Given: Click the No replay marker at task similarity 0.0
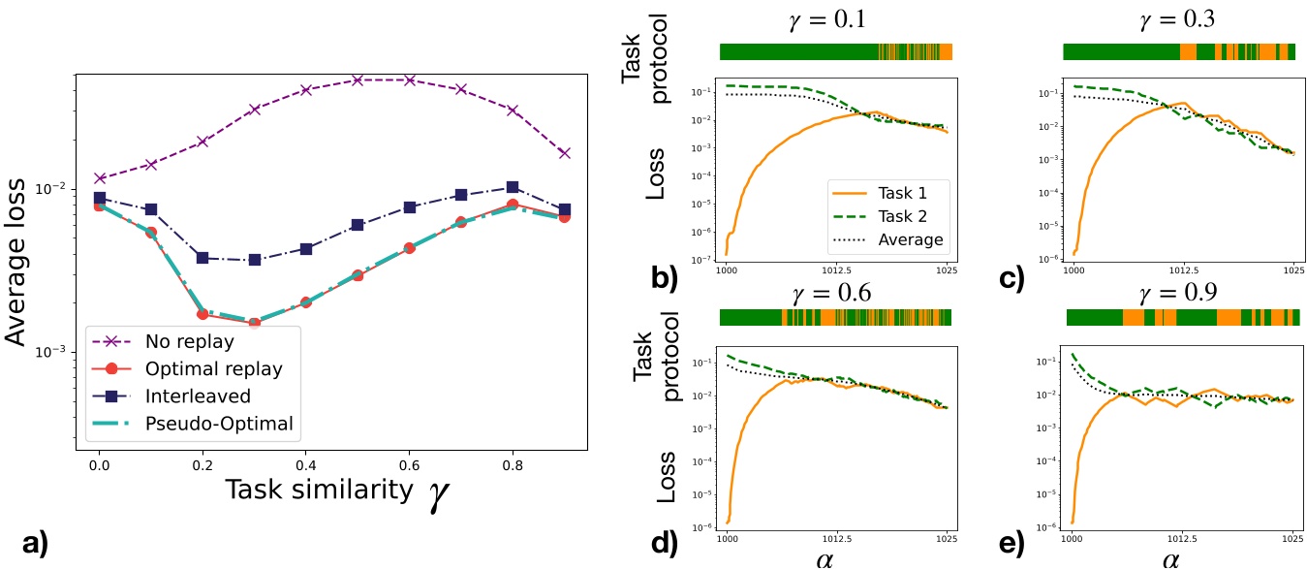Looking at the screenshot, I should coord(99,178).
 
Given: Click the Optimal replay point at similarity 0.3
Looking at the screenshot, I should coord(255,323).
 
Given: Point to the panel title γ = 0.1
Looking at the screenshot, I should coord(835,16).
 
